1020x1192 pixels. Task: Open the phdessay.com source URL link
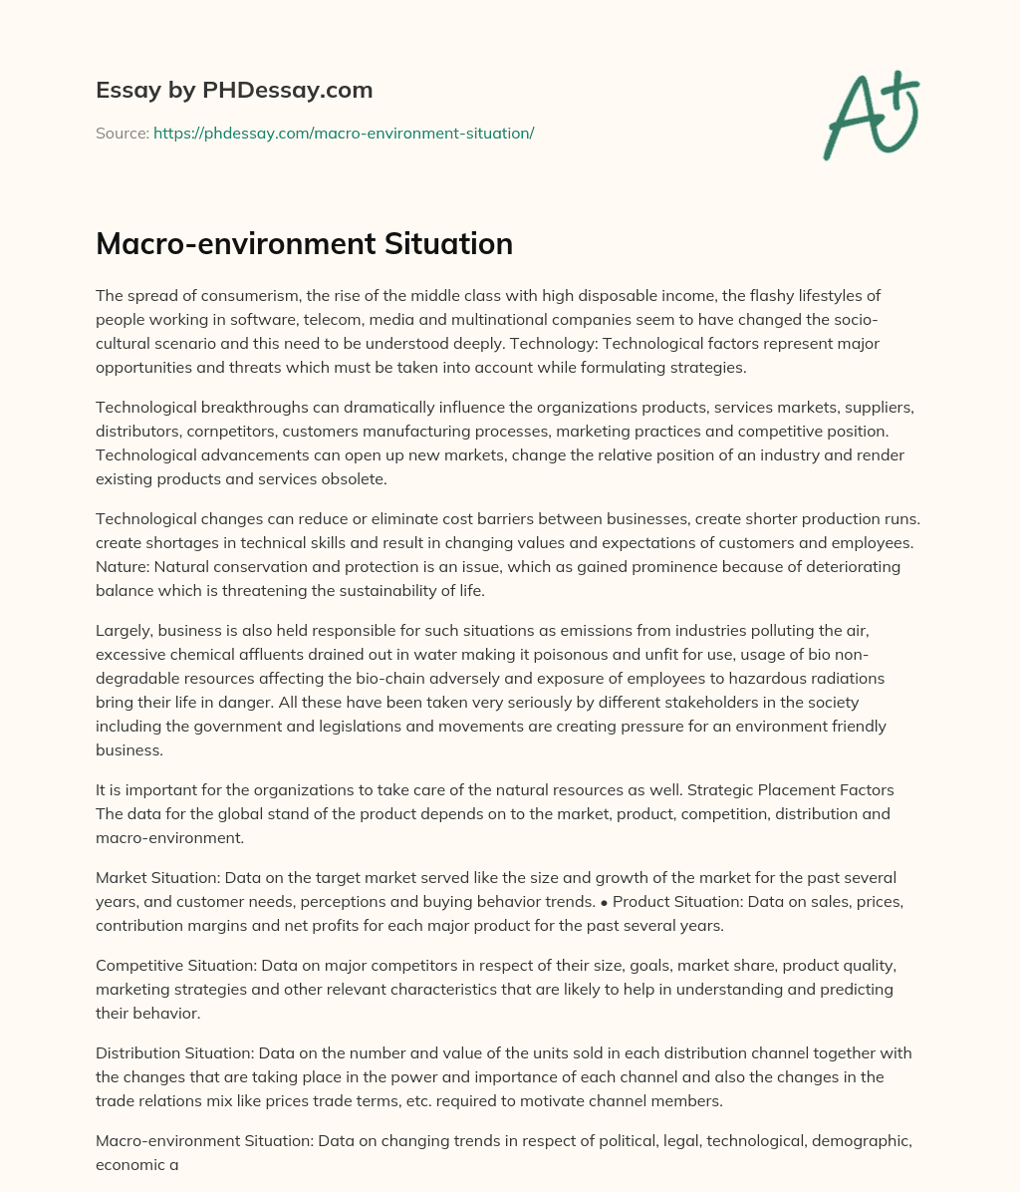tap(344, 133)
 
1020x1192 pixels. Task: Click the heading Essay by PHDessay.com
tap(234, 91)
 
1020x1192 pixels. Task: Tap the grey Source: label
tap(123, 133)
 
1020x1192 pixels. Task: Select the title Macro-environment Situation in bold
tap(304, 243)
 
